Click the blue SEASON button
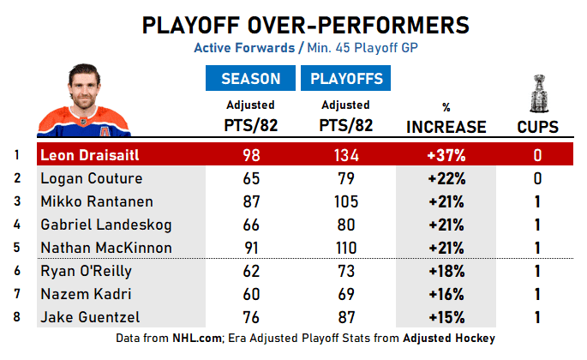tap(251, 79)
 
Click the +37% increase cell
tap(446, 156)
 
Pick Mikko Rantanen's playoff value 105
tap(346, 201)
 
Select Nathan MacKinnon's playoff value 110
tap(346, 248)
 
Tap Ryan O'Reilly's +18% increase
tap(446, 271)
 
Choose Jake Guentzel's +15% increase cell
tap(446, 317)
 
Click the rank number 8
tap(16, 317)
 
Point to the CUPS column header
tap(538, 127)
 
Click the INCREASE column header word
tap(446, 127)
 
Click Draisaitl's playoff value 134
tap(346, 156)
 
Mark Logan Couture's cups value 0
tap(538, 178)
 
